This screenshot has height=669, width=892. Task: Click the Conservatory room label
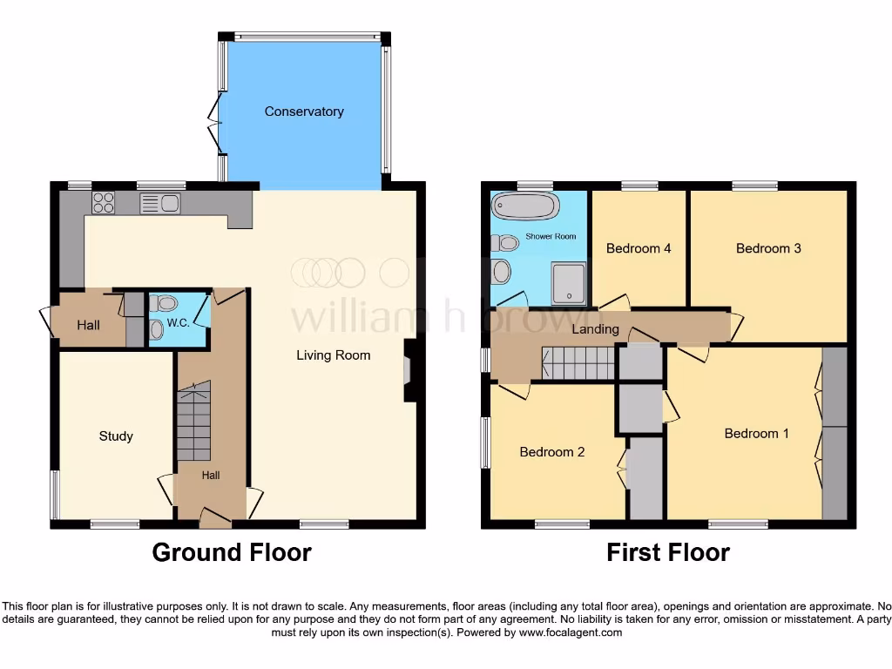(304, 111)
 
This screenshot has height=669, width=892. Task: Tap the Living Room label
(333, 355)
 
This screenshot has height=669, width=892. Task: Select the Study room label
(116, 436)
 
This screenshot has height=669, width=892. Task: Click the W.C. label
(178, 323)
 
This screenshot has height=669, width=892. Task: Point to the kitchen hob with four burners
(104, 202)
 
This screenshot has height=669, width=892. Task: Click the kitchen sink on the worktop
(159, 203)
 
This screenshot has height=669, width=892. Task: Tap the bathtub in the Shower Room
(524, 207)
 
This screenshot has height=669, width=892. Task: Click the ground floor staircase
(193, 422)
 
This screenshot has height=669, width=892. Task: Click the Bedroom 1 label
(751, 433)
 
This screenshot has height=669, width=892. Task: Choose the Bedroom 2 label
(551, 451)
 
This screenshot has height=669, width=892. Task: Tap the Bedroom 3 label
(768, 248)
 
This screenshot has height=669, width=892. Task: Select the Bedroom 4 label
(639, 248)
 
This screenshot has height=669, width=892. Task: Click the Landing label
(595, 329)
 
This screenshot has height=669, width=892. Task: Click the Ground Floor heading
(232, 552)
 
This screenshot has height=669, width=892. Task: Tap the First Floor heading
(668, 552)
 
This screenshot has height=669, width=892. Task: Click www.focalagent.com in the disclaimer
(571, 632)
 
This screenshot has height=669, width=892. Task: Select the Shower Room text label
(551, 236)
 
